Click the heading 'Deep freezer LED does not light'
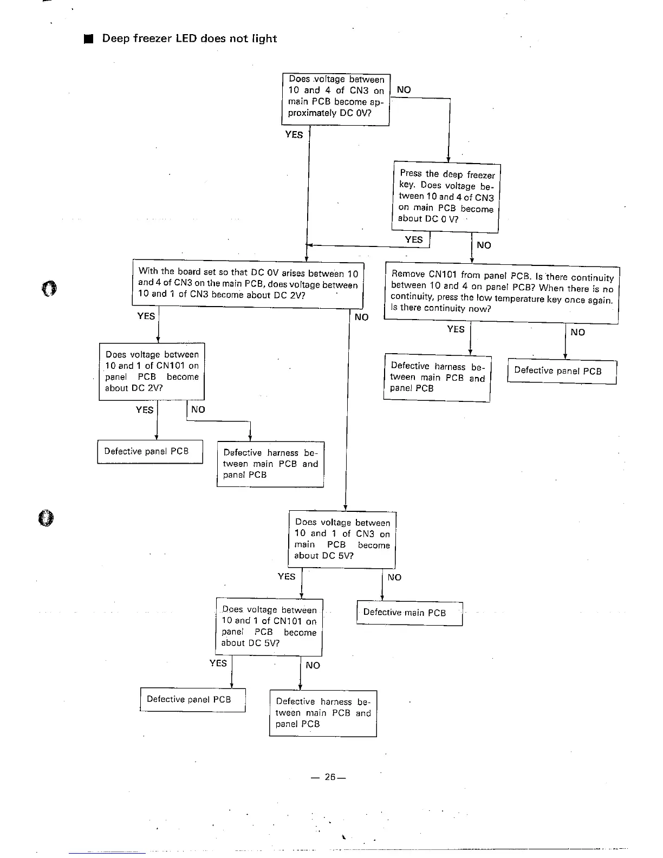tap(189, 38)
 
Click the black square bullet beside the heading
tap(89, 39)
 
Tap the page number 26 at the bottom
tap(329, 777)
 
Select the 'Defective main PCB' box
tap(409, 613)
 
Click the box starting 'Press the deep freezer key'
tap(446, 197)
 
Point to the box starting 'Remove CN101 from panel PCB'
tap(502, 292)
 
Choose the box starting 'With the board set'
tap(248, 284)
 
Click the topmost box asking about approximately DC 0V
tap(336, 100)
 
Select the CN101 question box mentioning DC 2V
tap(152, 372)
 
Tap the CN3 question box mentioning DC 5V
tap(342, 539)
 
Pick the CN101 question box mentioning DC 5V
tap(269, 627)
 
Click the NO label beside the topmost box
tap(404, 90)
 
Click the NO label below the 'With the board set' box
tap(361, 317)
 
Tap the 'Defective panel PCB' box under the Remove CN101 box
tap(562, 371)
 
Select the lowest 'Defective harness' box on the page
tap(323, 713)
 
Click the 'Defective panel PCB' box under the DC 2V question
tap(150, 452)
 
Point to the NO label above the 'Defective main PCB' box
tap(394, 577)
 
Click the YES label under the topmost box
tap(294, 135)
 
